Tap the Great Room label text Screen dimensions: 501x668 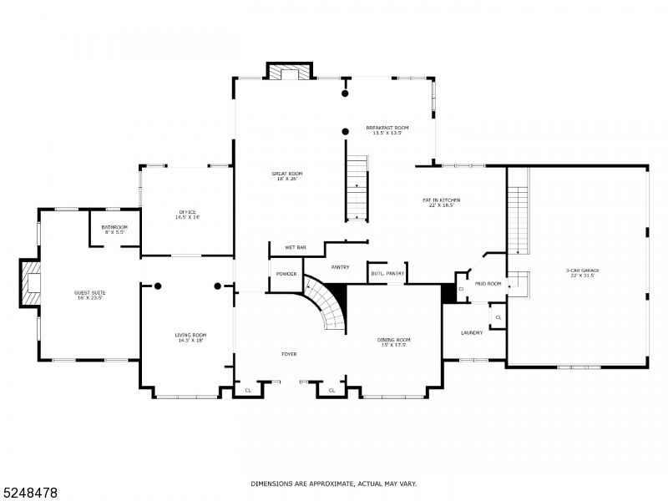tap(285, 175)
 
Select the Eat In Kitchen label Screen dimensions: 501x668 tap(441, 202)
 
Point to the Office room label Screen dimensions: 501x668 tap(187, 214)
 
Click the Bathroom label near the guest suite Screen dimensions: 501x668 tap(114, 230)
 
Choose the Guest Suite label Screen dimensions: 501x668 tap(88, 295)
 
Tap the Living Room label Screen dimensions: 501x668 tap(190, 337)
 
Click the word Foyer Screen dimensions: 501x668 tap(289, 354)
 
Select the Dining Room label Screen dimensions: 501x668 tap(394, 342)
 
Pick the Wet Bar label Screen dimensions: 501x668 tap(296, 248)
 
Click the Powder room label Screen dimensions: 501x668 tap(286, 274)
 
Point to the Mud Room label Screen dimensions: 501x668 tap(488, 284)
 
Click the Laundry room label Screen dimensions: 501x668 tap(472, 333)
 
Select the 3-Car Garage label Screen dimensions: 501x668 tap(583, 272)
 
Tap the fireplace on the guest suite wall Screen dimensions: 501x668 tap(31, 283)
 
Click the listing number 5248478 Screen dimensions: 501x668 tap(29, 493)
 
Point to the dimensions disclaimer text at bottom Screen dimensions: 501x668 tap(334, 483)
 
